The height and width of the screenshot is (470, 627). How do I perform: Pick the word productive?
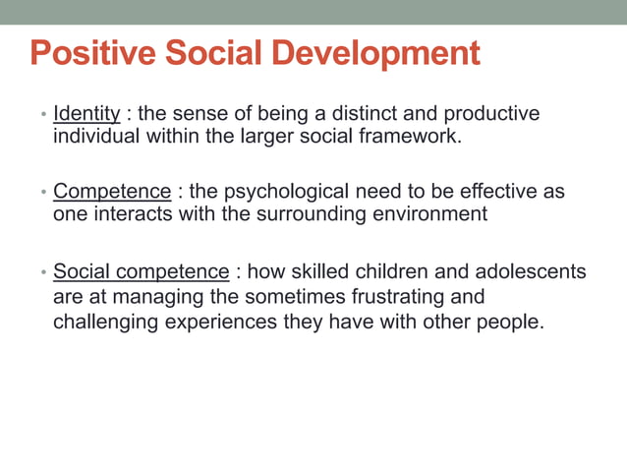[x=496, y=114]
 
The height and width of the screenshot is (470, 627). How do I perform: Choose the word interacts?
[x=134, y=214]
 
